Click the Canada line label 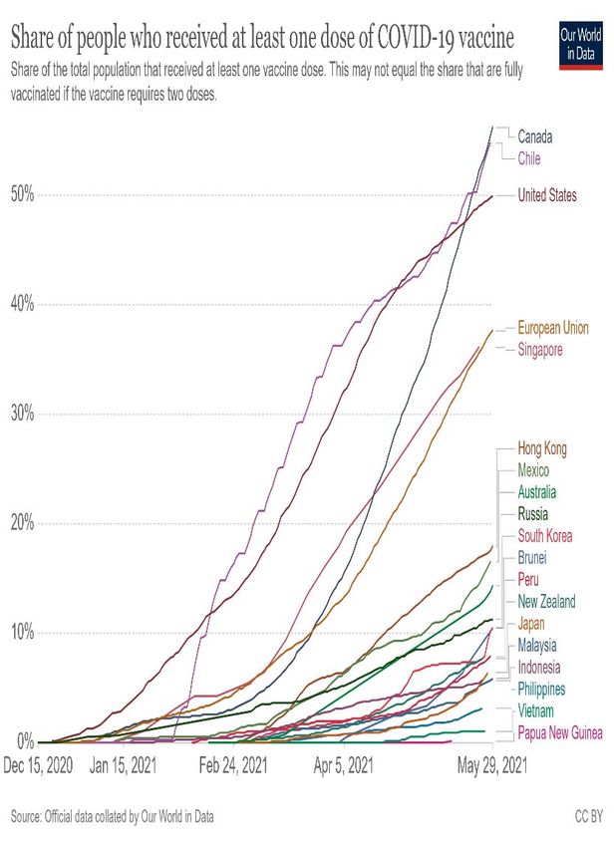534,137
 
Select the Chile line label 528,158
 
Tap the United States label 547,195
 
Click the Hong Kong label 542,449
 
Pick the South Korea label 545,536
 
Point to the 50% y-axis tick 22,195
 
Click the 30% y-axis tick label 22,414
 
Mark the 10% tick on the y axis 22,633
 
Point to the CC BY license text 588,817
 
